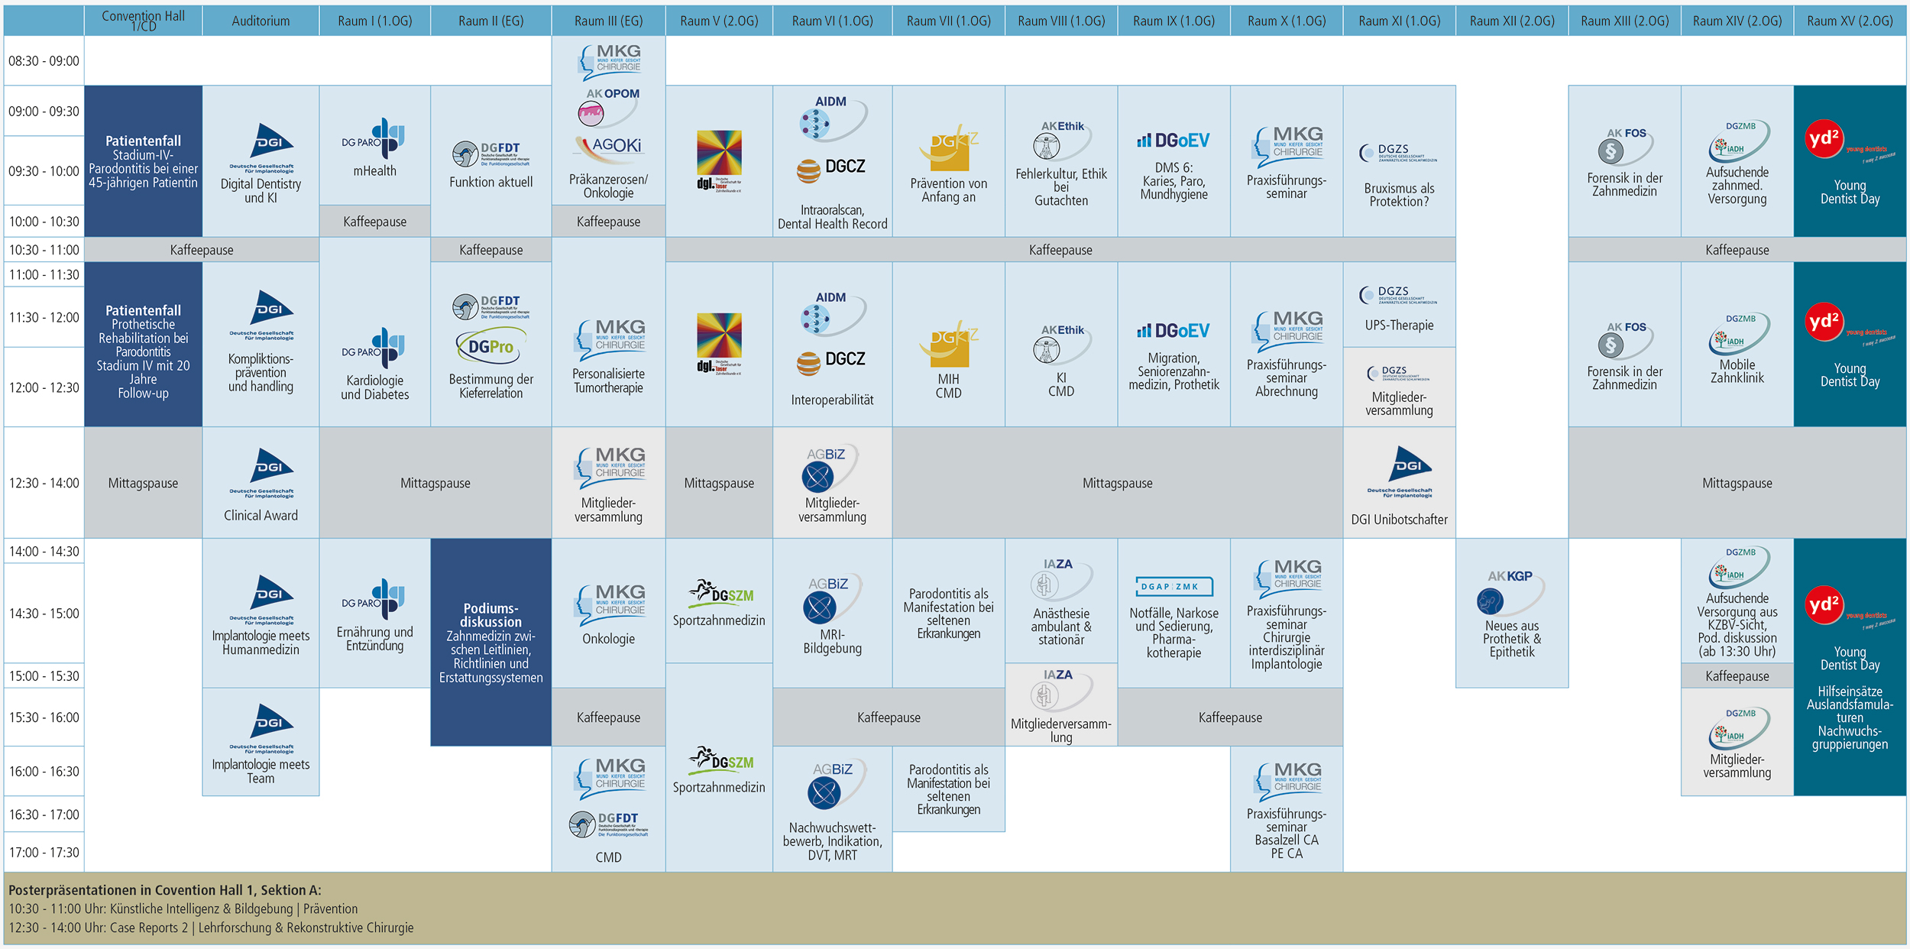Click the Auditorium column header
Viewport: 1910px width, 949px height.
[261, 21]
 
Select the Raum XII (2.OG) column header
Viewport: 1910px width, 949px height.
[1512, 21]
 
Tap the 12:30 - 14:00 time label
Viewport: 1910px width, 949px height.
[44, 483]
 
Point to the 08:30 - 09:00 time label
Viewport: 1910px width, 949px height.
[44, 61]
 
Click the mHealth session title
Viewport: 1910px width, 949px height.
[374, 171]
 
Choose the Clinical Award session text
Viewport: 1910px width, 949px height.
[261, 516]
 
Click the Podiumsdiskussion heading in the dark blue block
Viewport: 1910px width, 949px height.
[490, 615]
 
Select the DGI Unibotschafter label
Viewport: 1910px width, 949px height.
[1399, 520]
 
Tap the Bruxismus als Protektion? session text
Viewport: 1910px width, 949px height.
[1399, 195]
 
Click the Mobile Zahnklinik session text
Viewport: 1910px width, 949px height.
[1737, 371]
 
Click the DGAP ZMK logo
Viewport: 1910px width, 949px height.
[1174, 587]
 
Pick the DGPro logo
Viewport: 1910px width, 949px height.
[491, 347]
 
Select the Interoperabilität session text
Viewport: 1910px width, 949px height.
[832, 400]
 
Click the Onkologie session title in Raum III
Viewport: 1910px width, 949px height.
[608, 639]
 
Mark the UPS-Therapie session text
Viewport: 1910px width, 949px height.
[1399, 326]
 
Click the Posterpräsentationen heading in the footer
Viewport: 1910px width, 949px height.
[165, 890]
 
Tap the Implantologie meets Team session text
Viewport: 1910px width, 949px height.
[261, 772]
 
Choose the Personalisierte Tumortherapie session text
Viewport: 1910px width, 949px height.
[608, 381]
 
